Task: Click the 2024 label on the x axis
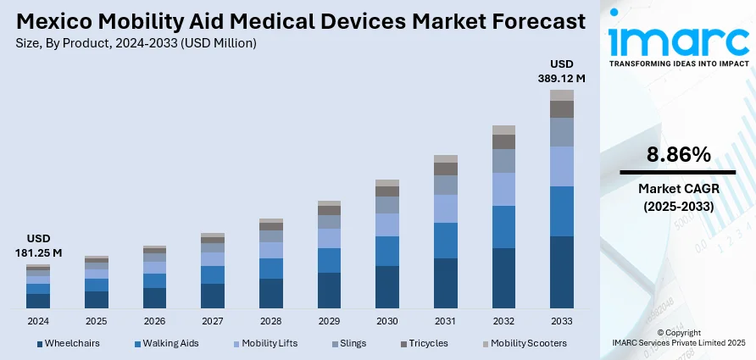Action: (38, 322)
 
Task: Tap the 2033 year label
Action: (561, 322)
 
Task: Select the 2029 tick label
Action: (329, 322)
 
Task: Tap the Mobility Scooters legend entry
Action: (524, 343)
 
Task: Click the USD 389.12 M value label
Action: (562, 71)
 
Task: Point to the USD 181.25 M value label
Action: (38, 246)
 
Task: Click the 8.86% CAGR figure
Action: (678, 154)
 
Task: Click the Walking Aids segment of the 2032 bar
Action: (503, 226)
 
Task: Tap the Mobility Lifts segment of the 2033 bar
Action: (561, 166)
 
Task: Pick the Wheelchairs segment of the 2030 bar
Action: (387, 286)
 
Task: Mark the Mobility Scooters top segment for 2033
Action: (561, 95)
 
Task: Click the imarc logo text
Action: (678, 40)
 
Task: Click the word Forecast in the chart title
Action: (529, 21)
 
